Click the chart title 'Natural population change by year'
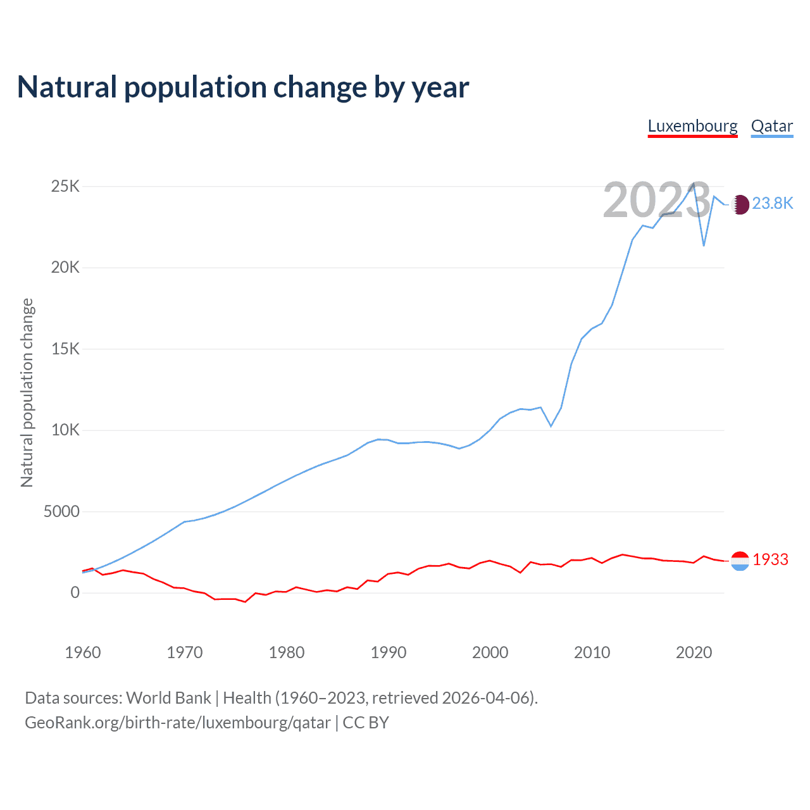point(243,87)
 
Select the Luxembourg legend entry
point(692,126)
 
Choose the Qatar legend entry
point(771,126)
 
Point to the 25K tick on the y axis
point(66,186)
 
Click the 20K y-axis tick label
point(66,267)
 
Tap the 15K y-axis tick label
point(66,349)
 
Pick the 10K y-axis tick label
point(66,430)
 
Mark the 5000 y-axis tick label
point(61,511)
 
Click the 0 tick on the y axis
point(75,592)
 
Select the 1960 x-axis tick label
point(83,652)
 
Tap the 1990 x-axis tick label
point(389,652)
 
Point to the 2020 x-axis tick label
point(694,652)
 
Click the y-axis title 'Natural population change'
point(27,392)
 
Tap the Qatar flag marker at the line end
point(740,204)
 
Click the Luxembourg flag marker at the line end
point(740,561)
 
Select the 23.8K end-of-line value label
point(772,203)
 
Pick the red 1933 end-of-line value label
point(770,559)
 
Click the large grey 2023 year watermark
point(656,200)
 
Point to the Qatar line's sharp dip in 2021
point(704,245)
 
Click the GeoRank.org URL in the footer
point(178,723)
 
